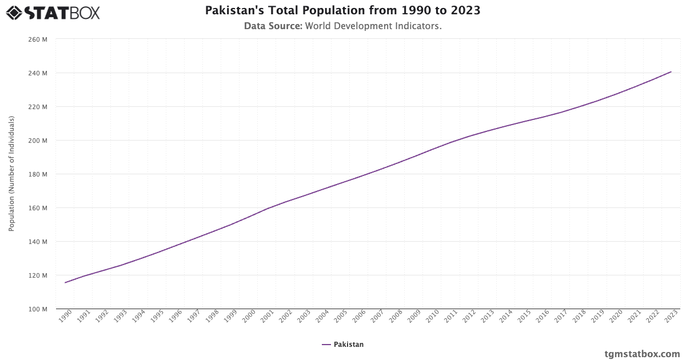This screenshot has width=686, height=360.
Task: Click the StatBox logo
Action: [53, 12]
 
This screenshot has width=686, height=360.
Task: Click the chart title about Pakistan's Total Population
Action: [342, 11]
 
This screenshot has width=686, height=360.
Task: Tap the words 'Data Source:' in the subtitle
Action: [273, 26]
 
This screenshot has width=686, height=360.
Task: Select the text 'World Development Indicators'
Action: [373, 26]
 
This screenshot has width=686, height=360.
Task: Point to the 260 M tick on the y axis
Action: [37, 39]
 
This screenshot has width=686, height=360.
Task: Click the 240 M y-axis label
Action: [37, 73]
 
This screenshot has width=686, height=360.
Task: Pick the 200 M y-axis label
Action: [37, 141]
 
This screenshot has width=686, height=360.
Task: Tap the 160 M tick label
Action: [37, 208]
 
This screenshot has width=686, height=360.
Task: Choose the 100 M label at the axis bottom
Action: [37, 309]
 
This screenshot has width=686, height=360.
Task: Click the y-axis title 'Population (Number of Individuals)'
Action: [11, 174]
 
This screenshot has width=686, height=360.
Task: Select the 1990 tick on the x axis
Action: [65, 316]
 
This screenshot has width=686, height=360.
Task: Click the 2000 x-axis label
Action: [248, 316]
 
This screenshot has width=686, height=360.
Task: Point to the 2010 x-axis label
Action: [432, 316]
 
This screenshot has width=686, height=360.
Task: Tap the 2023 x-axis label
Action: [671, 316]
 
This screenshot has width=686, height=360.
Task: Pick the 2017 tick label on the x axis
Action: [561, 316]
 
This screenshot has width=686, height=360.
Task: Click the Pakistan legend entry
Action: [342, 345]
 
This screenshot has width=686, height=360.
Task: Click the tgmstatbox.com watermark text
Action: [642, 354]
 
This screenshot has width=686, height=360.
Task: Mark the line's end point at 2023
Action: [671, 72]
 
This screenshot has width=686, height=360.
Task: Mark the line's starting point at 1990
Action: [65, 282]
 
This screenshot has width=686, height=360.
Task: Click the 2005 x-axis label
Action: [340, 316]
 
